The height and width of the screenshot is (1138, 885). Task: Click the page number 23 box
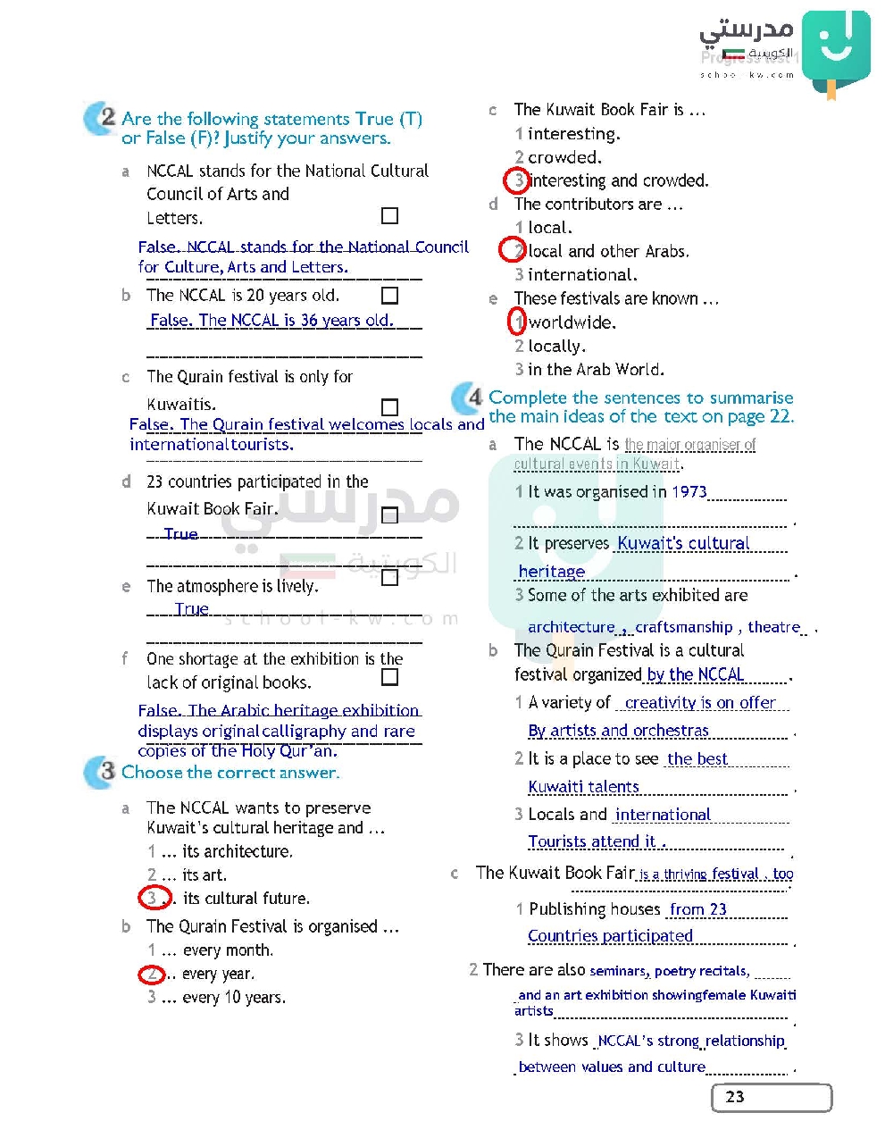coord(771,1097)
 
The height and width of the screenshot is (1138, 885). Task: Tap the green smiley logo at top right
coord(835,49)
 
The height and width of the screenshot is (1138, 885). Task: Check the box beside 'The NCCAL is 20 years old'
coord(389,296)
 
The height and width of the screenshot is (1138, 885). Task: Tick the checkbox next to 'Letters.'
coord(389,216)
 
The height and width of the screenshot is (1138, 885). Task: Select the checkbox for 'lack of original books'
coord(389,677)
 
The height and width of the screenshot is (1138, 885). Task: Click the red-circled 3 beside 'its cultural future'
coord(154,898)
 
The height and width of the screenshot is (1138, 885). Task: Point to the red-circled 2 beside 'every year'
coord(153,974)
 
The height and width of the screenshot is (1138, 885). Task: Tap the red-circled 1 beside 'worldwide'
coord(517,322)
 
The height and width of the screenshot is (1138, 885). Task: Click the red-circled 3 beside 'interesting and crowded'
coord(517,180)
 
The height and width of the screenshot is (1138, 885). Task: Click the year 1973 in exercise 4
coord(689,491)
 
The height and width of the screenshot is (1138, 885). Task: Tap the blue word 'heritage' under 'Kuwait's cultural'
coord(552,572)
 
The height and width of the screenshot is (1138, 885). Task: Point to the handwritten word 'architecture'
coord(572,627)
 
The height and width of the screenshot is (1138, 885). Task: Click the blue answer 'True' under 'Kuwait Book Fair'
coord(180,533)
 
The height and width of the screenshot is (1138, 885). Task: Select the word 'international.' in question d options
coord(582,274)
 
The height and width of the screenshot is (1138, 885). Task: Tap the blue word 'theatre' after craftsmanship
coord(774,627)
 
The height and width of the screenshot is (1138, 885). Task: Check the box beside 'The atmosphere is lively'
coord(389,578)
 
